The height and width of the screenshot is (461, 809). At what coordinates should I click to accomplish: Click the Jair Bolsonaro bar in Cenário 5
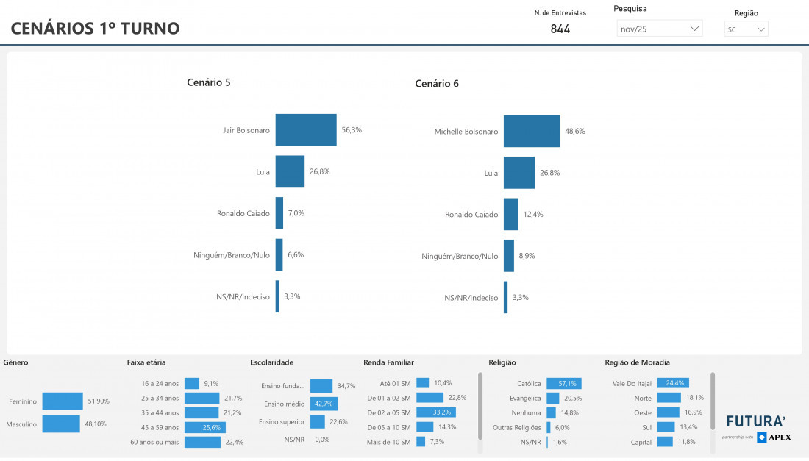306,130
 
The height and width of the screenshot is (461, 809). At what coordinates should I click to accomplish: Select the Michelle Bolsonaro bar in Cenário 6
532,131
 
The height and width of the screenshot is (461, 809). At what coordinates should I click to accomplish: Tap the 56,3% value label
352,130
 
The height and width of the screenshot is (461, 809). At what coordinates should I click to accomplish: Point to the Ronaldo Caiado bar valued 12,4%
511,214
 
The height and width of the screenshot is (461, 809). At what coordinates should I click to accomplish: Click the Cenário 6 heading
437,84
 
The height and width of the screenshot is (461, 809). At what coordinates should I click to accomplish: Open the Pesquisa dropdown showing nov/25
659,29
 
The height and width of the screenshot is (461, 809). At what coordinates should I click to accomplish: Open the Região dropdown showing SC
746,29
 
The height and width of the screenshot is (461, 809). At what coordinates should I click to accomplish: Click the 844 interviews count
560,29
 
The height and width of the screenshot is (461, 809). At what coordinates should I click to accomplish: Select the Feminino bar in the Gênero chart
63,401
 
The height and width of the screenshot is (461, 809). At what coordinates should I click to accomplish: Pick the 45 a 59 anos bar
203,427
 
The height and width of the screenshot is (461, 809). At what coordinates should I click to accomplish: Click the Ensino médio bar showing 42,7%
324,404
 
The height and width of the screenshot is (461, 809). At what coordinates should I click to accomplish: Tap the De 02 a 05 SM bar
435,412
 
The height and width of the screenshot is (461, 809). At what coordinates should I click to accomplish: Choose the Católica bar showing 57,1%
563,383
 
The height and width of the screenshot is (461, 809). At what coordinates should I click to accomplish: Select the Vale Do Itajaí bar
673,383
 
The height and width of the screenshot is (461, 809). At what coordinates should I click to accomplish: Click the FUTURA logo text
755,421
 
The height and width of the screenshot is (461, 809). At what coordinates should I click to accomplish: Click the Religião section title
502,362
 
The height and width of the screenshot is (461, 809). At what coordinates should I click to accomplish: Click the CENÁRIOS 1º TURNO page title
95,29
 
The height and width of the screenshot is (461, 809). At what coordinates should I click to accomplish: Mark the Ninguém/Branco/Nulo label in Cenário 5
232,255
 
